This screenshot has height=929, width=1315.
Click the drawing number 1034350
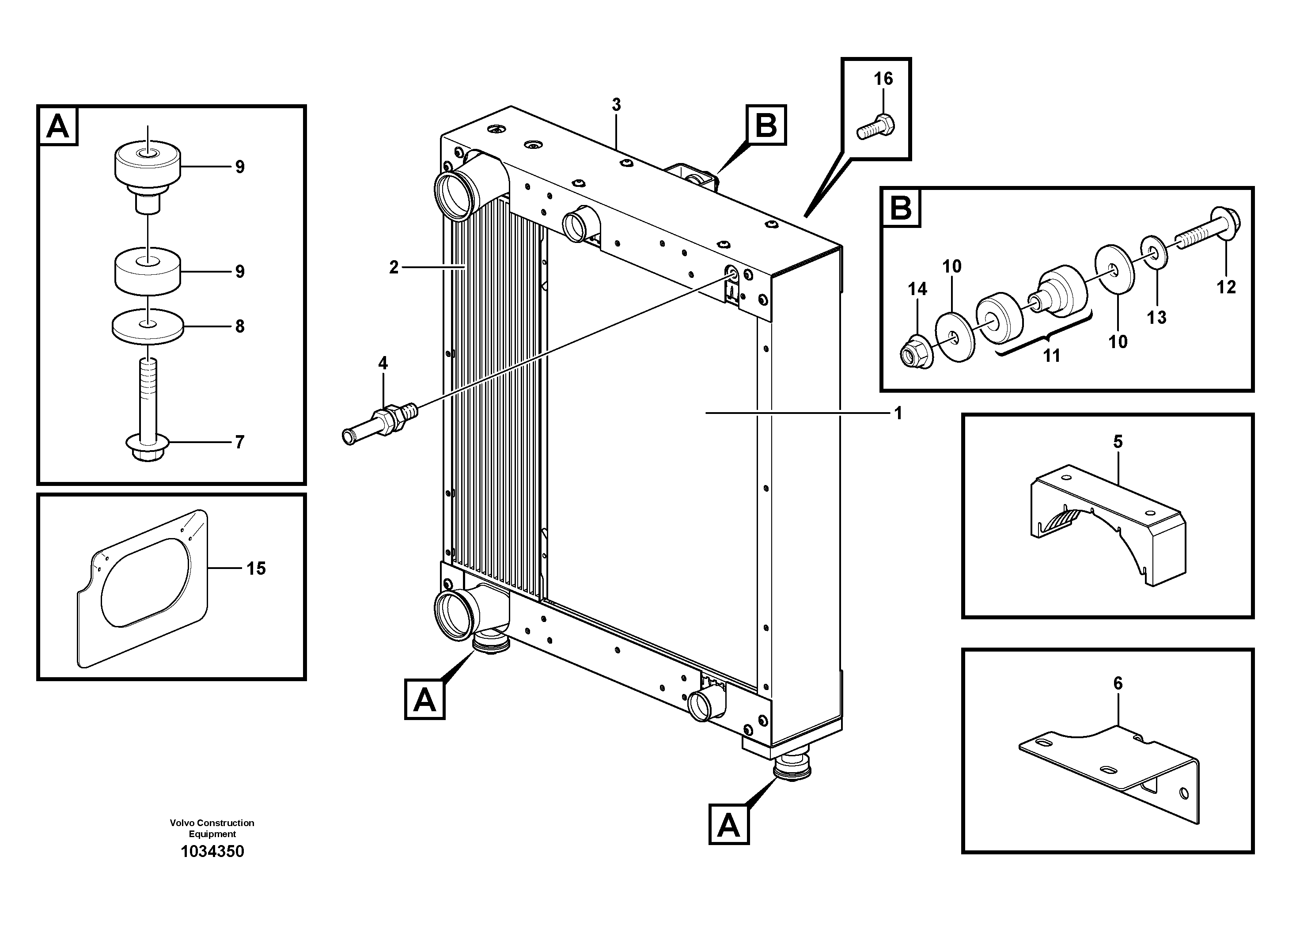(212, 851)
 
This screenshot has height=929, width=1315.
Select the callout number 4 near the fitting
(383, 363)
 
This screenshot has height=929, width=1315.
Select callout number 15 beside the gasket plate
(256, 568)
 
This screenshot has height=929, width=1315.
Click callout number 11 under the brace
(1051, 356)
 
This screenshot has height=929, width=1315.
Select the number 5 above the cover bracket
(1118, 442)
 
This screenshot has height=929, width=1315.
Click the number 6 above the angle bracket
(1118, 683)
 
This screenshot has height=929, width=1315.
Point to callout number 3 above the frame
(616, 105)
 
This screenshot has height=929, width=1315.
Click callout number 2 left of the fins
(394, 267)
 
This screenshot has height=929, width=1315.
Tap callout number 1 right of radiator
(898, 413)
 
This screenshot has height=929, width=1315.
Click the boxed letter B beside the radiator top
(766, 125)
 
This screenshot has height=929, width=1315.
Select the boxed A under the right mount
(728, 825)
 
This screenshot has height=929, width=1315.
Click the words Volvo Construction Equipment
(212, 828)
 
